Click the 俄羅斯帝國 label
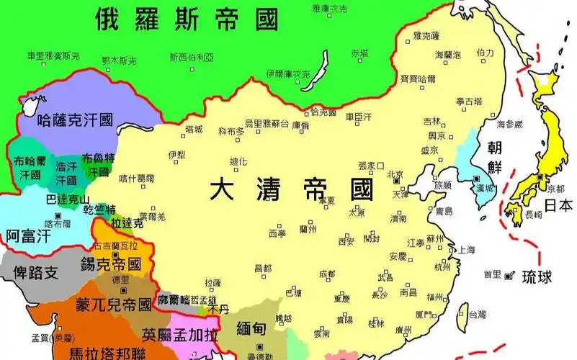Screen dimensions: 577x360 pyautogui.click(x=187, y=19)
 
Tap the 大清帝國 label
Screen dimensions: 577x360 pyautogui.click(x=292, y=190)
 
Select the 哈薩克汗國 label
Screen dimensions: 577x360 pyautogui.click(x=75, y=120)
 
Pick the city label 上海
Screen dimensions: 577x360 pyautogui.click(x=467, y=249)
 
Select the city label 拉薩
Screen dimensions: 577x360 pyautogui.click(x=213, y=283)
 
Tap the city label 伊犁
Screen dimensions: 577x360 pyautogui.click(x=177, y=154)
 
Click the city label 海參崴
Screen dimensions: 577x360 pyautogui.click(x=509, y=124)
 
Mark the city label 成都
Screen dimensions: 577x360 pyautogui.click(x=326, y=274)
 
